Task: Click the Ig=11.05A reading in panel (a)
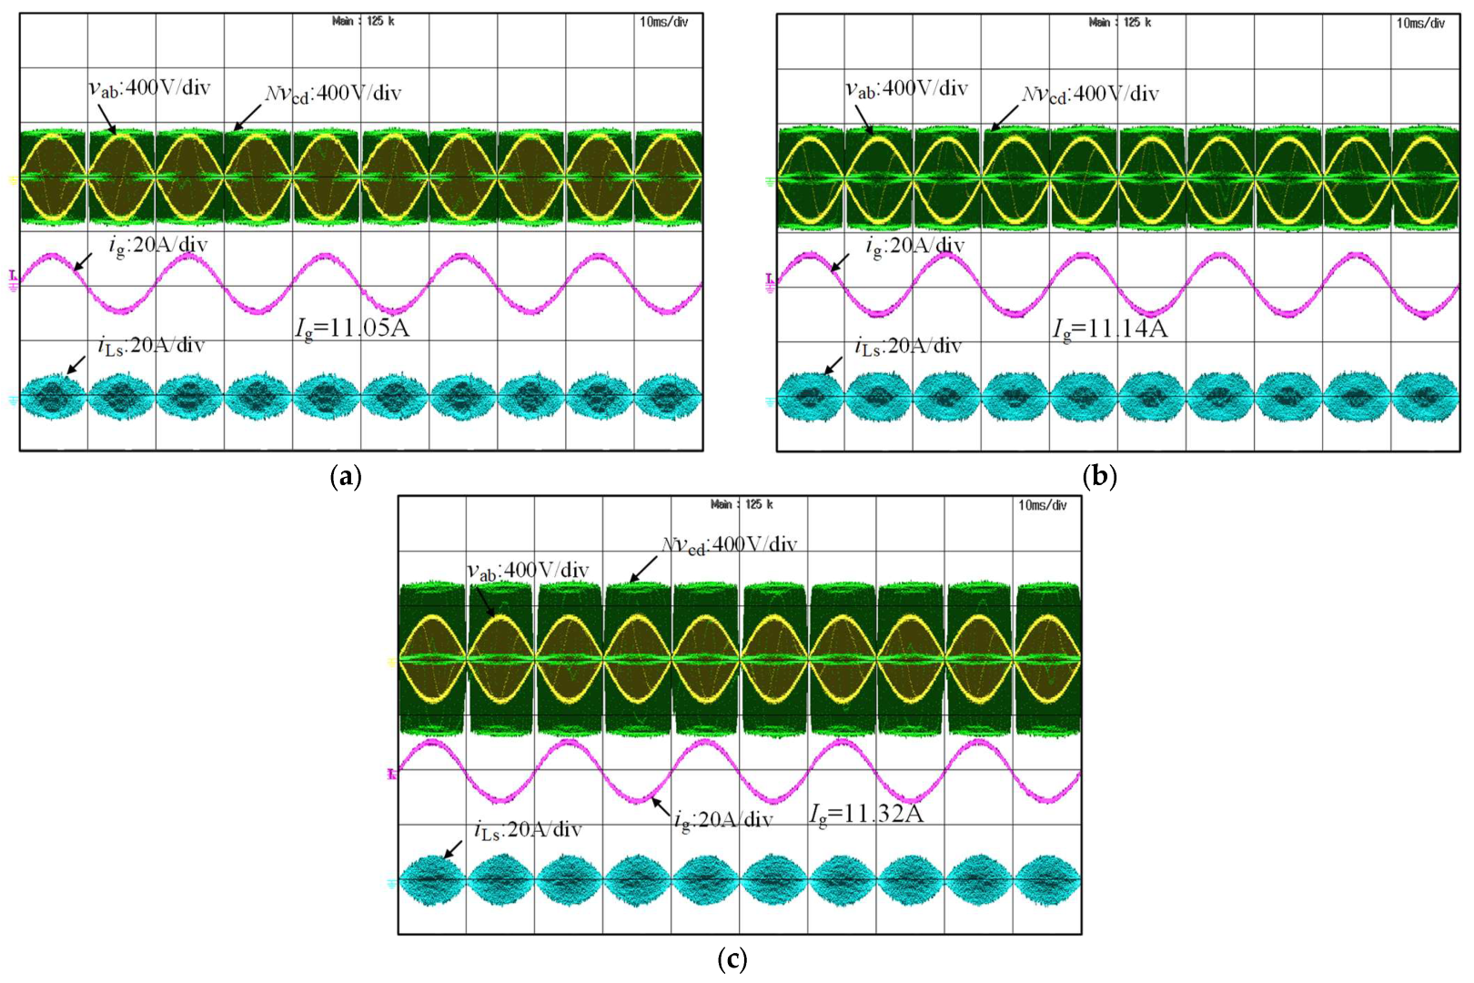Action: pyautogui.click(x=352, y=328)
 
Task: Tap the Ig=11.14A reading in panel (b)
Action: pyautogui.click(x=1109, y=329)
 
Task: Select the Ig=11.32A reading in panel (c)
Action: pyautogui.click(x=866, y=814)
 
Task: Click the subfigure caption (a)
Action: pyautogui.click(x=345, y=476)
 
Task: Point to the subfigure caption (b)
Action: pyautogui.click(x=1100, y=476)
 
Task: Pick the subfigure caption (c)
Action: pyautogui.click(x=732, y=959)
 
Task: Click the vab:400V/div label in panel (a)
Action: pyautogui.click(x=149, y=87)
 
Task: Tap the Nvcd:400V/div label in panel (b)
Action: pyautogui.click(x=1090, y=94)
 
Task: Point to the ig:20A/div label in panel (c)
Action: pyautogui.click(x=723, y=820)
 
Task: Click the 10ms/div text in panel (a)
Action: pyautogui.click(x=664, y=22)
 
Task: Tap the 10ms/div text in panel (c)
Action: pyautogui.click(x=1043, y=505)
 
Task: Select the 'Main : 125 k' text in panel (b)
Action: pyautogui.click(x=1120, y=22)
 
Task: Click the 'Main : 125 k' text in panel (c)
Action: pyautogui.click(x=742, y=505)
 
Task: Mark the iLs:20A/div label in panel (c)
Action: pyautogui.click(x=528, y=830)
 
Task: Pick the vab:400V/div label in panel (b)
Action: pyautogui.click(x=907, y=88)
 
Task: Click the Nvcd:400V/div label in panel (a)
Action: pyautogui.click(x=333, y=93)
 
